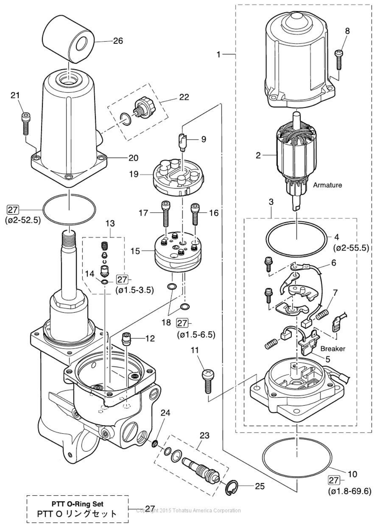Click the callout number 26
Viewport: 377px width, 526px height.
coord(118,41)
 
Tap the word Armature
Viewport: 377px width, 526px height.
coord(327,185)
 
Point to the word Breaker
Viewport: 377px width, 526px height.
coord(333,349)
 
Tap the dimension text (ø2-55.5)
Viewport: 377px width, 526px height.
coord(351,247)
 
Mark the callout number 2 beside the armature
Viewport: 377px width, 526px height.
coord(259,155)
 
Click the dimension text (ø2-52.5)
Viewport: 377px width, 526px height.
coord(23,220)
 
